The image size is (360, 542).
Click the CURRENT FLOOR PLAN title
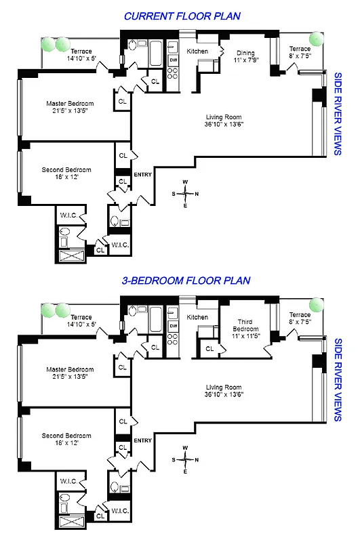182,16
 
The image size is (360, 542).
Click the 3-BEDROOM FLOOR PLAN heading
186,280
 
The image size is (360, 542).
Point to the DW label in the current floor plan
173,60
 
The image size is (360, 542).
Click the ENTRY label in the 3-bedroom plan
143,440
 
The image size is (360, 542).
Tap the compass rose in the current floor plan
185,193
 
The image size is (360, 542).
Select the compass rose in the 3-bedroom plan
185,459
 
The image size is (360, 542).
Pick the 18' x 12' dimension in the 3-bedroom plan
66,442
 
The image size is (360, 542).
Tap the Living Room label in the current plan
224,121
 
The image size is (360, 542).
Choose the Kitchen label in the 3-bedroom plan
197,317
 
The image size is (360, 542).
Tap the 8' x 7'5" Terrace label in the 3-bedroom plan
300,318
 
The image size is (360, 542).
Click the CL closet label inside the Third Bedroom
209,349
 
